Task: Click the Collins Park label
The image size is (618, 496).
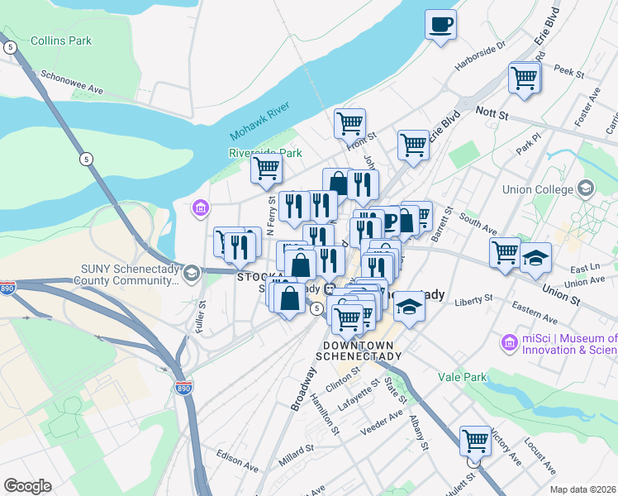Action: click(60, 41)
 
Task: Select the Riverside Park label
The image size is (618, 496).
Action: click(265, 153)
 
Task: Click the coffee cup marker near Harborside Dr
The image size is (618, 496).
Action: click(441, 23)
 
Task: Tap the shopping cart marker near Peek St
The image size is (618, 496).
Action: click(524, 77)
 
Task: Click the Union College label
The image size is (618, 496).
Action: click(538, 189)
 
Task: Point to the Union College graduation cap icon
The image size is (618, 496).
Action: click(587, 188)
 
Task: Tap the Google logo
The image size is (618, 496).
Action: click(27, 486)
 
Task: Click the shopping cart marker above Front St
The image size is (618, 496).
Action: click(349, 123)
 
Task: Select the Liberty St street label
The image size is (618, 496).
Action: click(473, 299)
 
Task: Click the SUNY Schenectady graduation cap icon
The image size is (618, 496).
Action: click(191, 273)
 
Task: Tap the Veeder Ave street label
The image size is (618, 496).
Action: click(383, 422)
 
